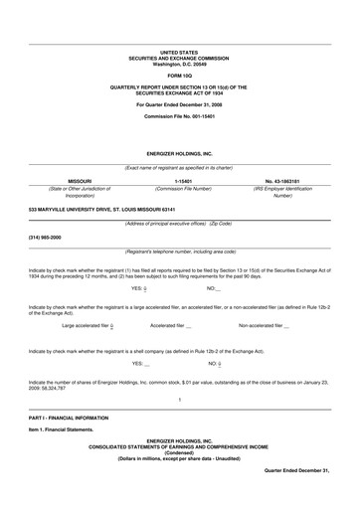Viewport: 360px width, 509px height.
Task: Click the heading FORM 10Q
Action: [x=179, y=76]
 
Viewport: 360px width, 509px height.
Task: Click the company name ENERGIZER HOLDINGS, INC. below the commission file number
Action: [x=179, y=155]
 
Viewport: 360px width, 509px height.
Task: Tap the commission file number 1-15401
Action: [x=179, y=182]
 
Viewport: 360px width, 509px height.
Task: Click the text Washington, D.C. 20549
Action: [x=179, y=63]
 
